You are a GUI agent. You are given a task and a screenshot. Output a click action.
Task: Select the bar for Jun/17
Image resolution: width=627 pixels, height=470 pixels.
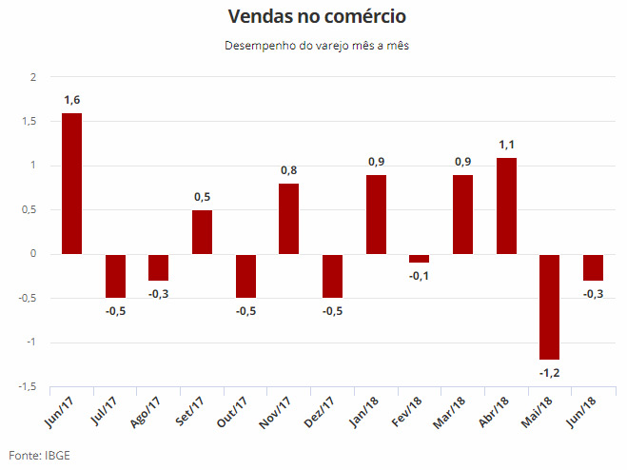[71, 184]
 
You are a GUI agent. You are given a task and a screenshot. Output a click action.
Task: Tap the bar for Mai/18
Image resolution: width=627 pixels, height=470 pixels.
[549, 306]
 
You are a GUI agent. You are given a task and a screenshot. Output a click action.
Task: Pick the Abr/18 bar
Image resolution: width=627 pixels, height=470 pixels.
[506, 206]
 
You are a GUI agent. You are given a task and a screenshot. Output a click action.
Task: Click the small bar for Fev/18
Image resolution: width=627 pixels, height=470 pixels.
[419, 259]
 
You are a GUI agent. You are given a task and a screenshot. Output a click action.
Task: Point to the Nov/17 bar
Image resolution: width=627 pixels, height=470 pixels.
[288, 219]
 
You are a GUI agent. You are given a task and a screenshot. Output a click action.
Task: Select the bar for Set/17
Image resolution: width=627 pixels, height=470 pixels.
[202, 232]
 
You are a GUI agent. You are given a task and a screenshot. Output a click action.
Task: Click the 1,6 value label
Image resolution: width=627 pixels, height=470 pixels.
[71, 100]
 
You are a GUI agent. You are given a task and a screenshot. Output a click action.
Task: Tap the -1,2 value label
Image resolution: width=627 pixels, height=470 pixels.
[549, 373]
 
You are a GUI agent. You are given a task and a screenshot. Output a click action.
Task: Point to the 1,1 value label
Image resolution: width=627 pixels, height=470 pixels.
[506, 145]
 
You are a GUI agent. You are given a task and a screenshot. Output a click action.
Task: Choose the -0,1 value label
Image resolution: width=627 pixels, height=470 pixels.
[419, 276]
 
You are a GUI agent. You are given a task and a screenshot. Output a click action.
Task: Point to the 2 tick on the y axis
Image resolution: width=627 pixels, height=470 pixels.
[32, 77]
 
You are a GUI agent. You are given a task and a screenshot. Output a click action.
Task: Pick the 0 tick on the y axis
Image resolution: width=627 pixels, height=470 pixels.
[32, 254]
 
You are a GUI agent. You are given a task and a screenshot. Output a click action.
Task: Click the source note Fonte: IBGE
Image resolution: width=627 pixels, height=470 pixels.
[39, 456]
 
